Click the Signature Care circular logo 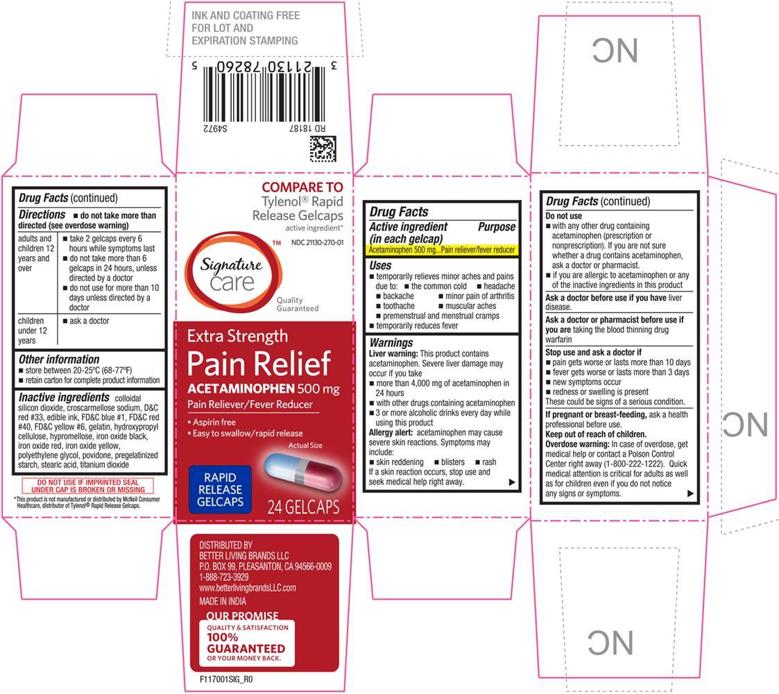(x=234, y=272)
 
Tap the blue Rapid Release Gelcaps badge (x=220, y=489)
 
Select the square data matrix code (x=323, y=149)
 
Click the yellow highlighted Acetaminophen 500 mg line (x=442, y=250)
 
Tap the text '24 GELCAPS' (x=303, y=507)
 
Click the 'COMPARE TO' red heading (x=302, y=187)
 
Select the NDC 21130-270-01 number (x=318, y=243)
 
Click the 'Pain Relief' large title (x=259, y=364)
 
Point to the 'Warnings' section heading (x=391, y=343)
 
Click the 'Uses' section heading (x=380, y=266)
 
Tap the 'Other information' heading (x=59, y=359)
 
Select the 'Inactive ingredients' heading (x=64, y=397)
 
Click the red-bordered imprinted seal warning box (x=88, y=486)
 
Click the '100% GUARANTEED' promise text (x=246, y=643)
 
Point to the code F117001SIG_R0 (x=226, y=679)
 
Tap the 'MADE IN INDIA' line (x=223, y=601)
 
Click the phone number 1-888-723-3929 (x=223, y=577)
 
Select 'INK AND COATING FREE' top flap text (x=246, y=15)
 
